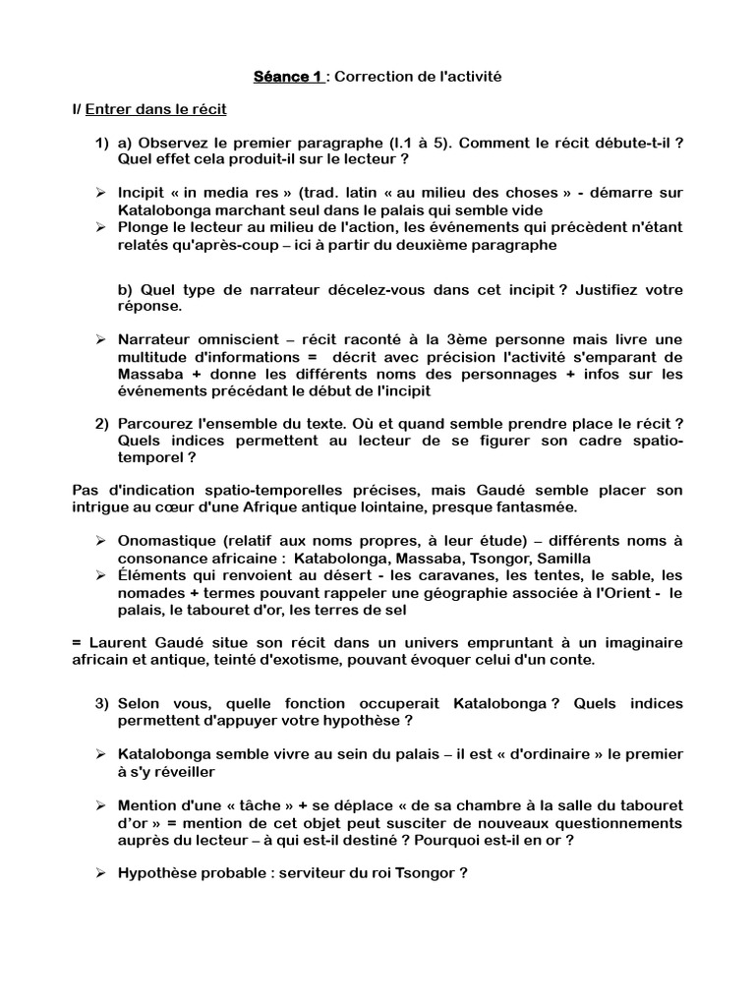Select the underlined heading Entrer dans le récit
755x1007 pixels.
tap(156, 108)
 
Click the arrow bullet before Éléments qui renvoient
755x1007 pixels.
tap(101, 574)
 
